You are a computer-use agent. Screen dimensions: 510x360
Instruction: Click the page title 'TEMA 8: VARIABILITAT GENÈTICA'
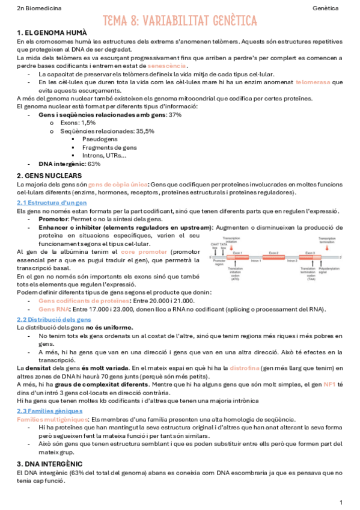point(180,21)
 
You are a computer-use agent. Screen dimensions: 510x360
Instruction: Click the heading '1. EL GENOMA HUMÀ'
point(52,32)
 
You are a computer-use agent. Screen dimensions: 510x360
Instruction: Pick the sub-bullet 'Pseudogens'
point(99,139)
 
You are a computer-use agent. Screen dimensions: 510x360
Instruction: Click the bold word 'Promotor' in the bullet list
point(53,219)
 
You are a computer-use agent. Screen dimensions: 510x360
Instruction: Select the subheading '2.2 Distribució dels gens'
point(54,319)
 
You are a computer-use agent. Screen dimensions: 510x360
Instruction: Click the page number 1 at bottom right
point(341,502)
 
